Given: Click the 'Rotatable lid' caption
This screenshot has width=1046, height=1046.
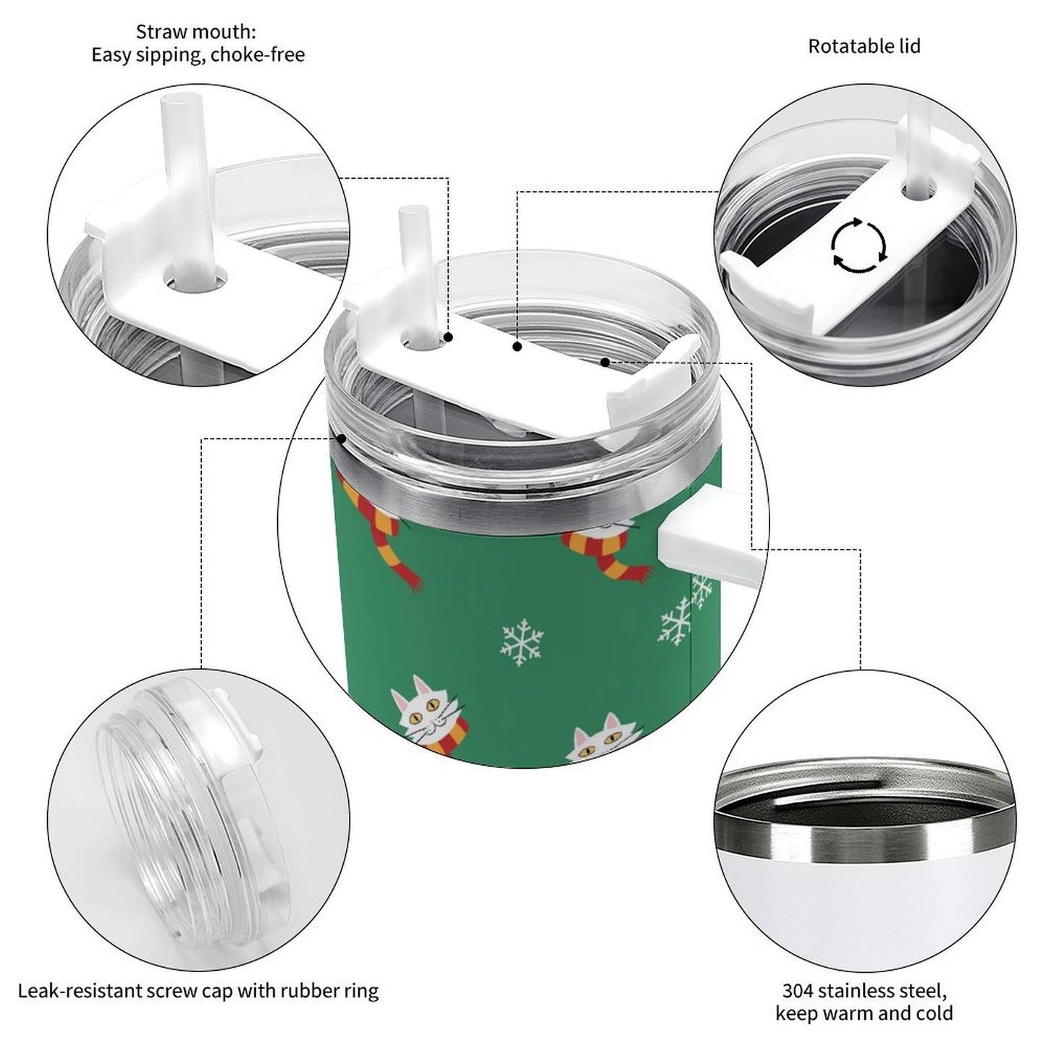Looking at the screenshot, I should pos(864,46).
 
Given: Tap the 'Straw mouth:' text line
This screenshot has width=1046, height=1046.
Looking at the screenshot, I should pos(196,32).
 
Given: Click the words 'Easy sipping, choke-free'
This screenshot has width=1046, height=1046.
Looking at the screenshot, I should pos(198,55).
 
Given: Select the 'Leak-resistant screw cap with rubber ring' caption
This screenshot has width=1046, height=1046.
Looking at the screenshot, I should pos(198,990).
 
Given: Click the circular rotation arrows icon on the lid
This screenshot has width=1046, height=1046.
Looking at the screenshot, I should pos(859,245).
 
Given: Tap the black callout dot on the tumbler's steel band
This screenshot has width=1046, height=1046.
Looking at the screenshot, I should pos(341,437).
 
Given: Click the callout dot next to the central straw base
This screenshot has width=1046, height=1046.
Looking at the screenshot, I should pos(449,337).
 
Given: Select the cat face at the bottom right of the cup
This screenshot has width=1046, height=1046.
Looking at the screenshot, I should pos(599,742).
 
